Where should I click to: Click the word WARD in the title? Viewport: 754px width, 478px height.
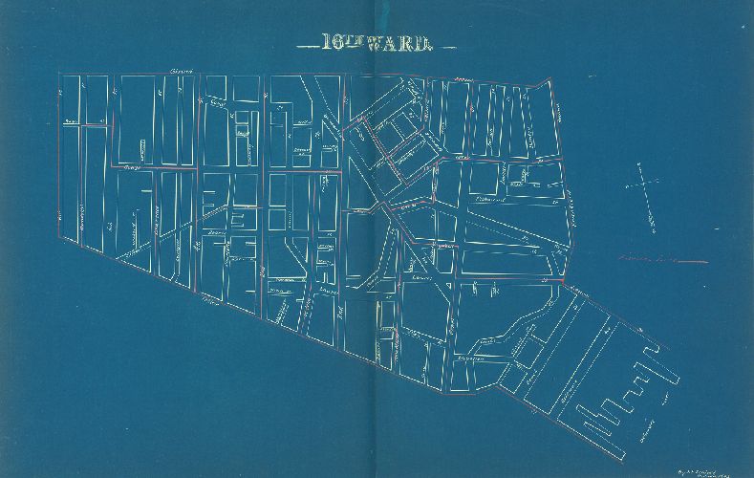pos(410,43)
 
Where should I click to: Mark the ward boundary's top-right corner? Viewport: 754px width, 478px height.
pos(552,79)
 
